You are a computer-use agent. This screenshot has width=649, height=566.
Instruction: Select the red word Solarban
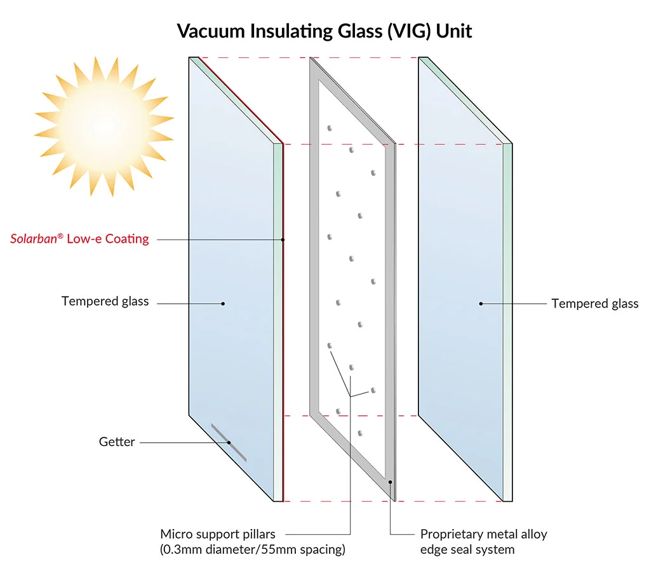tap(34, 239)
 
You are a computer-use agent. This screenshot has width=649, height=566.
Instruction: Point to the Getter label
tap(117, 441)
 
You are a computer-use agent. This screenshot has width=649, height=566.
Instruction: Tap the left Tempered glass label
tap(105, 301)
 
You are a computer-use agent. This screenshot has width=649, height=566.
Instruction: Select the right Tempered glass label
tap(594, 304)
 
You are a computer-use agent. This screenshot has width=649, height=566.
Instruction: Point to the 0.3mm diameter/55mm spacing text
tap(253, 549)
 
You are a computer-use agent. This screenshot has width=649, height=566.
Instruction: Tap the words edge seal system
tap(467, 549)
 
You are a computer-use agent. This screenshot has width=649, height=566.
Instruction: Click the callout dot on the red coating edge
tap(283, 239)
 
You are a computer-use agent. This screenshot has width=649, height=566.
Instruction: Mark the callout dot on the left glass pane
tap(223, 304)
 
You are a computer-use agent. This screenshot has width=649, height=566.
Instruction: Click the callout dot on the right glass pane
tap(481, 304)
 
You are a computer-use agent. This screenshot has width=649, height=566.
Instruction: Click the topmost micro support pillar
tap(330, 128)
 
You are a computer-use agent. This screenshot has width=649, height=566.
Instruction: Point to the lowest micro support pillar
tap(360, 433)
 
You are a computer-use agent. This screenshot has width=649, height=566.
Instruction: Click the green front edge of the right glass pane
tap(507, 318)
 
